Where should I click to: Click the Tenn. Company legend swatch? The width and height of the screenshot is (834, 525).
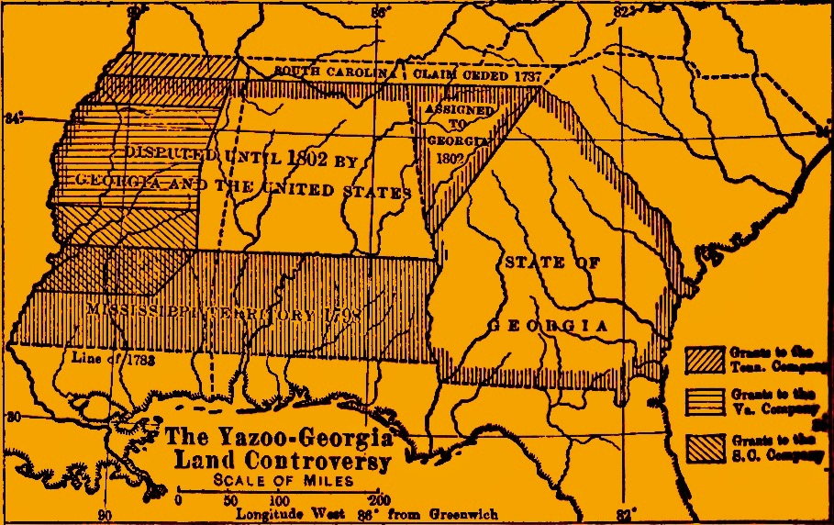[705, 360]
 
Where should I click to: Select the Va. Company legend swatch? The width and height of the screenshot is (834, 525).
[705, 402]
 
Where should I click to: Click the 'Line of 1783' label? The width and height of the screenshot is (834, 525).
[111, 360]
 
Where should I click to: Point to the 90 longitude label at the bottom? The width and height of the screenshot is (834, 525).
[106, 515]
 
